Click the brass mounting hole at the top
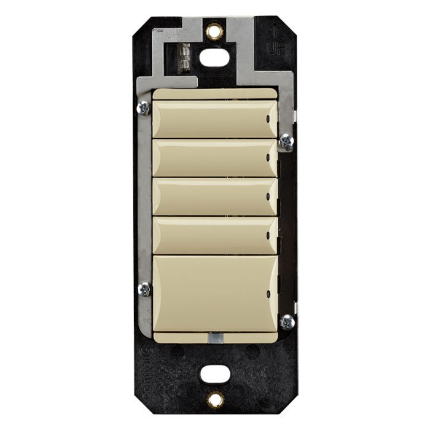click(x=214, y=30)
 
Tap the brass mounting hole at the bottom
click(x=214, y=399)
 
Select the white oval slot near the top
click(x=214, y=58)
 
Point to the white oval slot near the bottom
click(x=214, y=372)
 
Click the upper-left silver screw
click(x=143, y=107)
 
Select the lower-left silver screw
click(x=144, y=289)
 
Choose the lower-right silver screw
click(x=286, y=321)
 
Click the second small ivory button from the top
click(x=214, y=158)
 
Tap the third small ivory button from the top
click(x=214, y=197)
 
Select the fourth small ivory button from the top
click(x=214, y=235)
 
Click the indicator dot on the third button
click(x=268, y=197)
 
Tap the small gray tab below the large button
click(x=214, y=337)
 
